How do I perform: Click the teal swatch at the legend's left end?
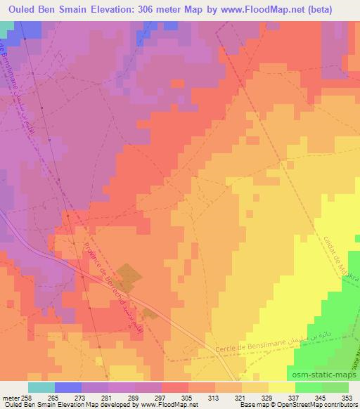pos(41,387)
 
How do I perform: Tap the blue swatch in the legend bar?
pos(67,387)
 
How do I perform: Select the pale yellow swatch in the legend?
pos(281,387)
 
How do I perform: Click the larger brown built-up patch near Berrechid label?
pos(127,274)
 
